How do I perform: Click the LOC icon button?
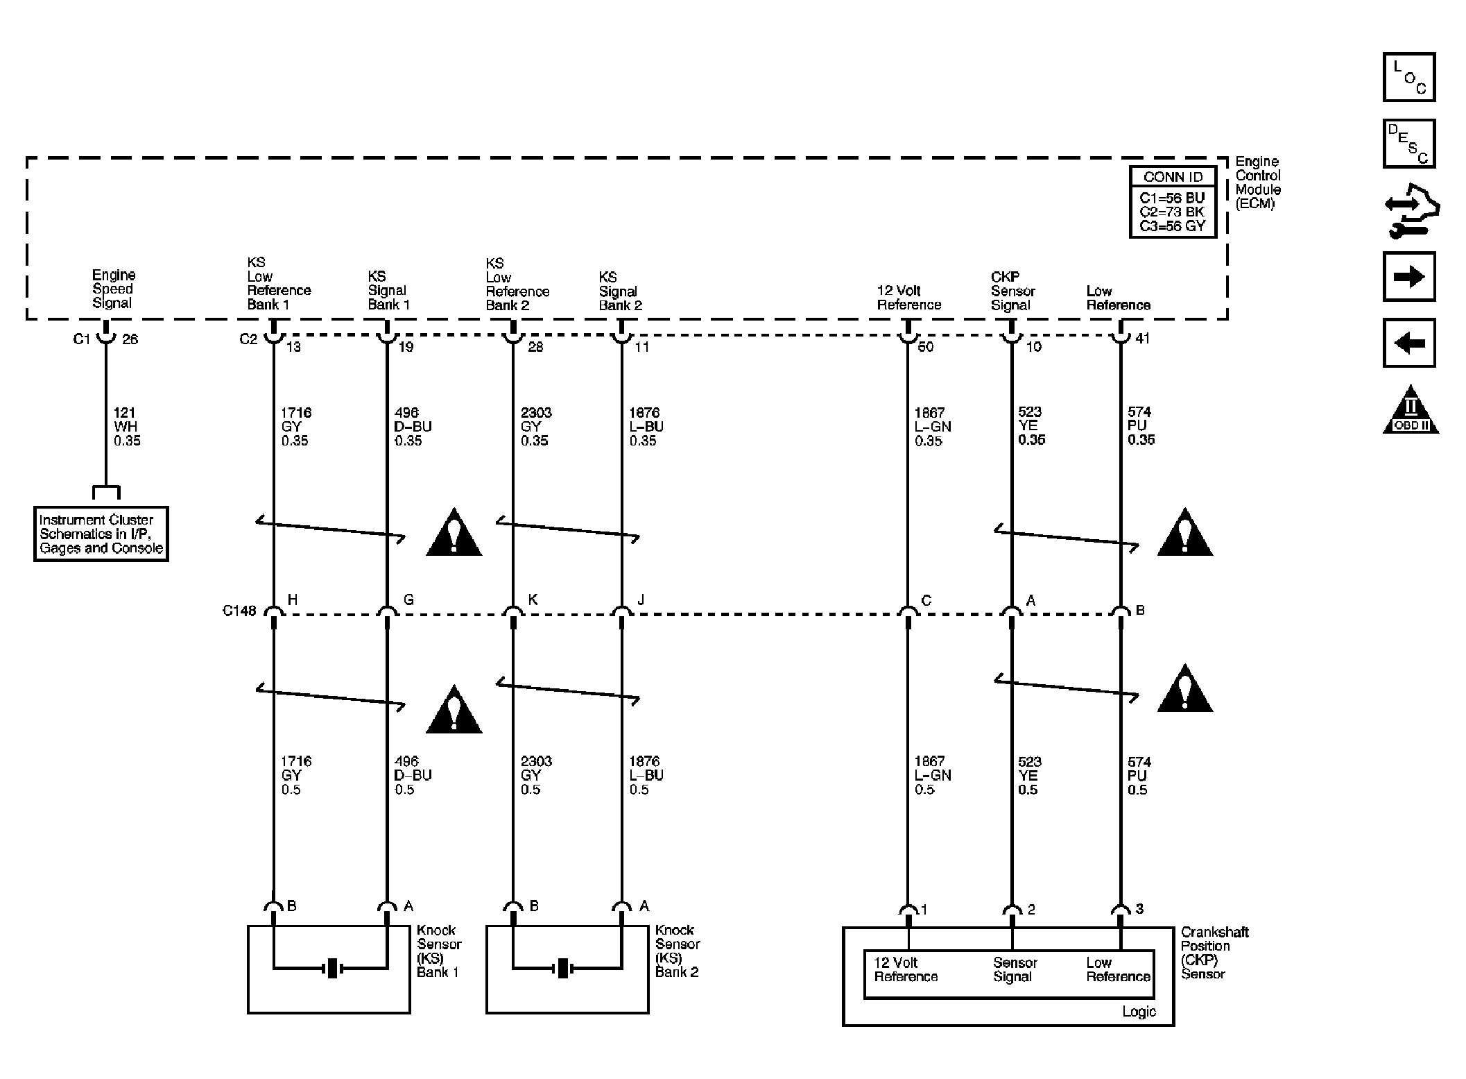coord(1408,77)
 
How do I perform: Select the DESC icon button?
coord(1408,144)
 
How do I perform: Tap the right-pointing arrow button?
coord(1408,277)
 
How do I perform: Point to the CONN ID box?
coord(1173,202)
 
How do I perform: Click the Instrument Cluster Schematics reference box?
coord(101,534)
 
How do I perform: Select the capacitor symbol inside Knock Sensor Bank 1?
coord(332,967)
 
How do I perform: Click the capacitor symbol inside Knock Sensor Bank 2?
coord(563,967)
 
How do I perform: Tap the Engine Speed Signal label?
coord(114,289)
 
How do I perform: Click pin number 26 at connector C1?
coord(130,339)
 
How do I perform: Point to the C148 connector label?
coord(239,611)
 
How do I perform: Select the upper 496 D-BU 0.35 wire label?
coord(413,426)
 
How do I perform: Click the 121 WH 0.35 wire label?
coord(127,426)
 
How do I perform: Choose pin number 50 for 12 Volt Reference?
coord(926,346)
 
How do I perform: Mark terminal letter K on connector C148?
coord(533,600)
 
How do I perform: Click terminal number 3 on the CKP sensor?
coord(1139,908)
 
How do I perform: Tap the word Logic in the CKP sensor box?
coord(1139,1012)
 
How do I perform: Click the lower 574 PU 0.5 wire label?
coord(1138,775)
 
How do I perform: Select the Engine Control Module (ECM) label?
coord(1258,182)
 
